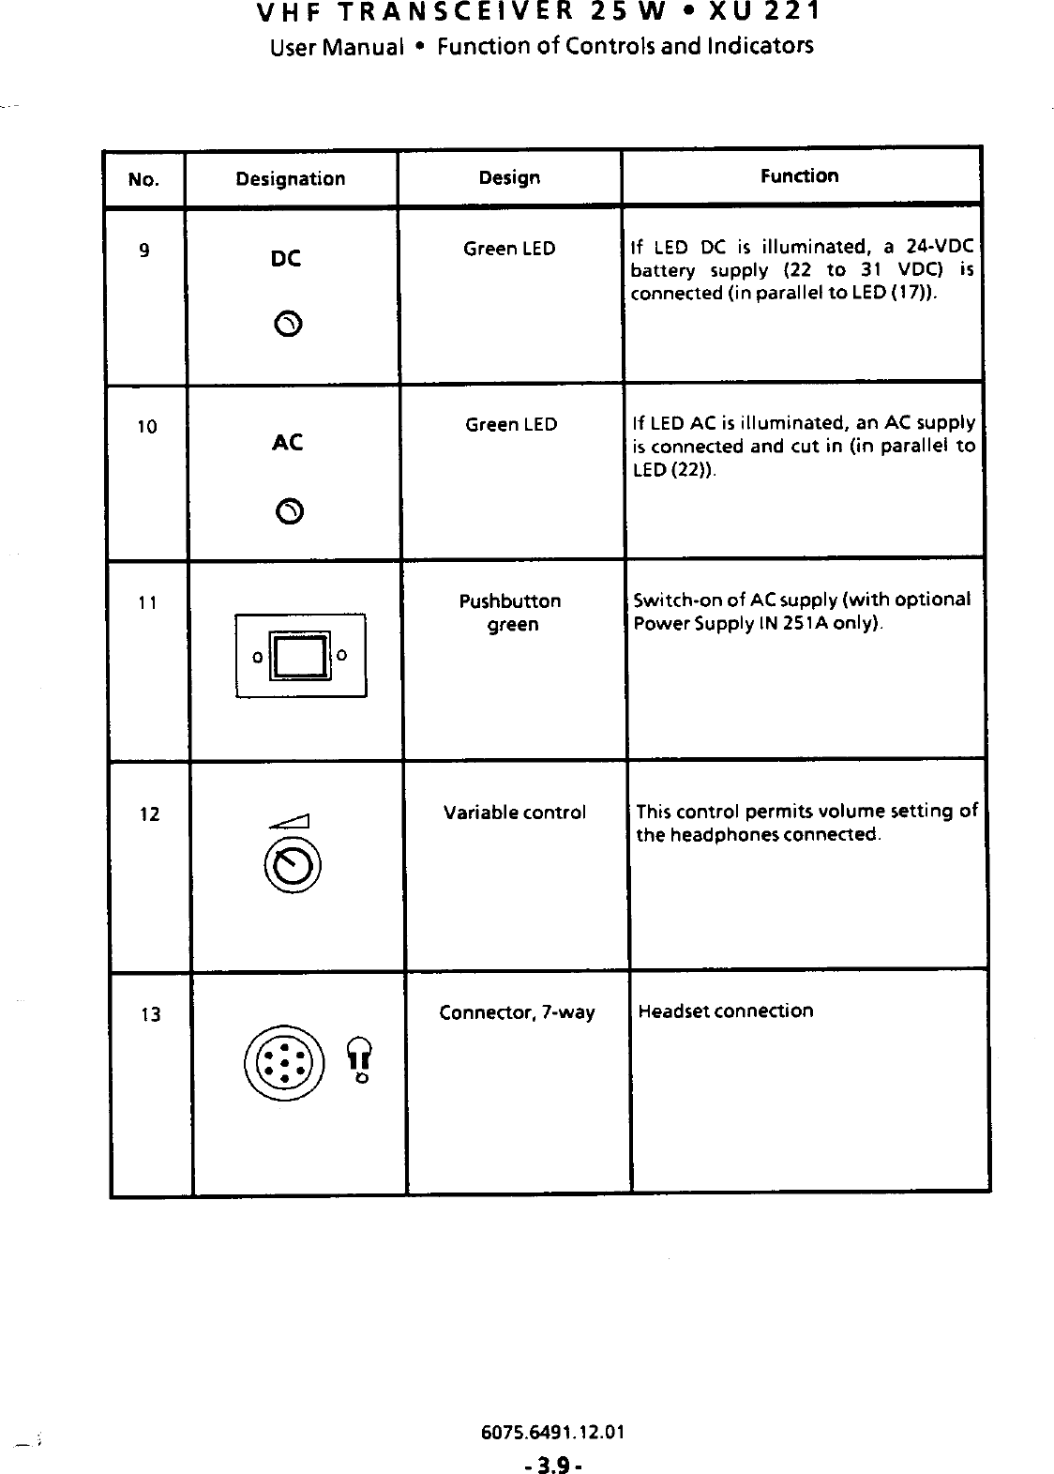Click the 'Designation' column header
290,178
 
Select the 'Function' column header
799,175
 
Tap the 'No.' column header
143,178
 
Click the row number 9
143,251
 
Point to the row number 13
149,1014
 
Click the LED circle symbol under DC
289,325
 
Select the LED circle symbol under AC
289,511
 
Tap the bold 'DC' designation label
285,258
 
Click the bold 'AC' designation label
286,442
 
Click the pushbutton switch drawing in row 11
300,655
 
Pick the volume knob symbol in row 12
294,865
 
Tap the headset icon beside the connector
359,1060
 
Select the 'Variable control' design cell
514,812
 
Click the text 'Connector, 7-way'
517,1012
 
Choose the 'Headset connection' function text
725,1011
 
